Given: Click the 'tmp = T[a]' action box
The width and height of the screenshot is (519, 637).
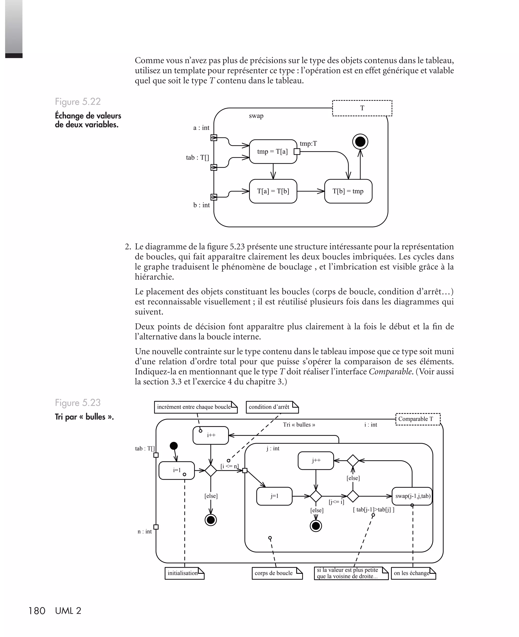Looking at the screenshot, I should [x=273, y=152].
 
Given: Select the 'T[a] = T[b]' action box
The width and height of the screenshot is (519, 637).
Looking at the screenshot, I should [x=273, y=191].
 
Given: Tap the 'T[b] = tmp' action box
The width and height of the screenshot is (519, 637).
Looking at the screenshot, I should [x=348, y=191].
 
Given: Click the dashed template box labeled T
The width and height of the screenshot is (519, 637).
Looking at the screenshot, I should [x=362, y=108].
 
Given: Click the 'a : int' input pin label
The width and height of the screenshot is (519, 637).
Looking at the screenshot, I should [x=201, y=128].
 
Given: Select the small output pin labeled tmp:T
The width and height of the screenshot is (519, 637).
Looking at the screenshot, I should [x=297, y=152].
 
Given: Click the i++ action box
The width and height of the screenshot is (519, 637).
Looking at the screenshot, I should [x=211, y=435].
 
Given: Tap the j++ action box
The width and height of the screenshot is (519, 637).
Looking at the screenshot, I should [x=316, y=460].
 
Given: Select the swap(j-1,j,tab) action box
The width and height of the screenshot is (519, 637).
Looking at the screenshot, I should [x=412, y=496].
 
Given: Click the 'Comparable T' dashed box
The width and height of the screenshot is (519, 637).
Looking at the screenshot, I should [x=418, y=419].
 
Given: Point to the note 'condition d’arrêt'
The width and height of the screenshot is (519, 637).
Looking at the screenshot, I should [x=272, y=407].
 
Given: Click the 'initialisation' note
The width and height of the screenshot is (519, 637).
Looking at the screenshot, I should [x=184, y=573].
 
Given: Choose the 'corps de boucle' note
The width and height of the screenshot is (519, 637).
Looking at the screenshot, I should [x=277, y=573].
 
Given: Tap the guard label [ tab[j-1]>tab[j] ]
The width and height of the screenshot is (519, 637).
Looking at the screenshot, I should [x=373, y=510].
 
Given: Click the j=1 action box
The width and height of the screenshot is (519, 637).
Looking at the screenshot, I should [x=274, y=496].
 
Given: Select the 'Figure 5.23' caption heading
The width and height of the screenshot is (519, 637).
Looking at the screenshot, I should [x=78, y=403].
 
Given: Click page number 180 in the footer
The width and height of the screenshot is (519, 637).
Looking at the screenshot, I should [x=37, y=611].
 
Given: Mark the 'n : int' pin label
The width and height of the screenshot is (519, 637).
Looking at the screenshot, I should [x=145, y=531].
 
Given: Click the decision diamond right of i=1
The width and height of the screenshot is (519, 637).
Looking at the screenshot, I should [x=211, y=471].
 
